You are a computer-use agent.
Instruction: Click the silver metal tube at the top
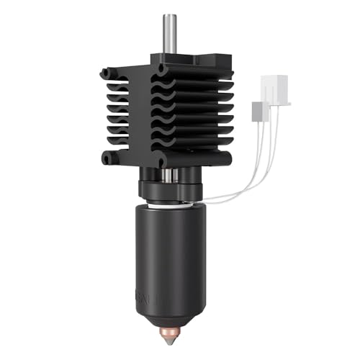pyautogui.click(x=170, y=32)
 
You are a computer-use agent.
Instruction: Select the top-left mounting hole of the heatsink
pyautogui.click(x=107, y=73)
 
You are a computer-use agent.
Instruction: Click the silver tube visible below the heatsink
pyautogui.click(x=168, y=175)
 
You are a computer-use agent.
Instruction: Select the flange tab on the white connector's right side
pyautogui.click(x=287, y=102)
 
